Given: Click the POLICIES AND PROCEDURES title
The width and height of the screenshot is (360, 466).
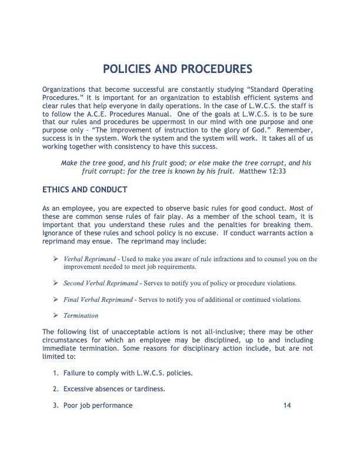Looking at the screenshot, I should click(180, 70).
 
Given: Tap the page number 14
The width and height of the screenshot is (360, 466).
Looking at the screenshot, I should click(287, 405).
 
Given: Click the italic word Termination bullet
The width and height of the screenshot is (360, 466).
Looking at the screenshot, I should click(82, 315).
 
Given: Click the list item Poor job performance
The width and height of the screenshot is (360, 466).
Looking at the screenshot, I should click(98, 405).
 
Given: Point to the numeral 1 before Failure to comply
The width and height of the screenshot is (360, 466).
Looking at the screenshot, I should click(55, 373).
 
